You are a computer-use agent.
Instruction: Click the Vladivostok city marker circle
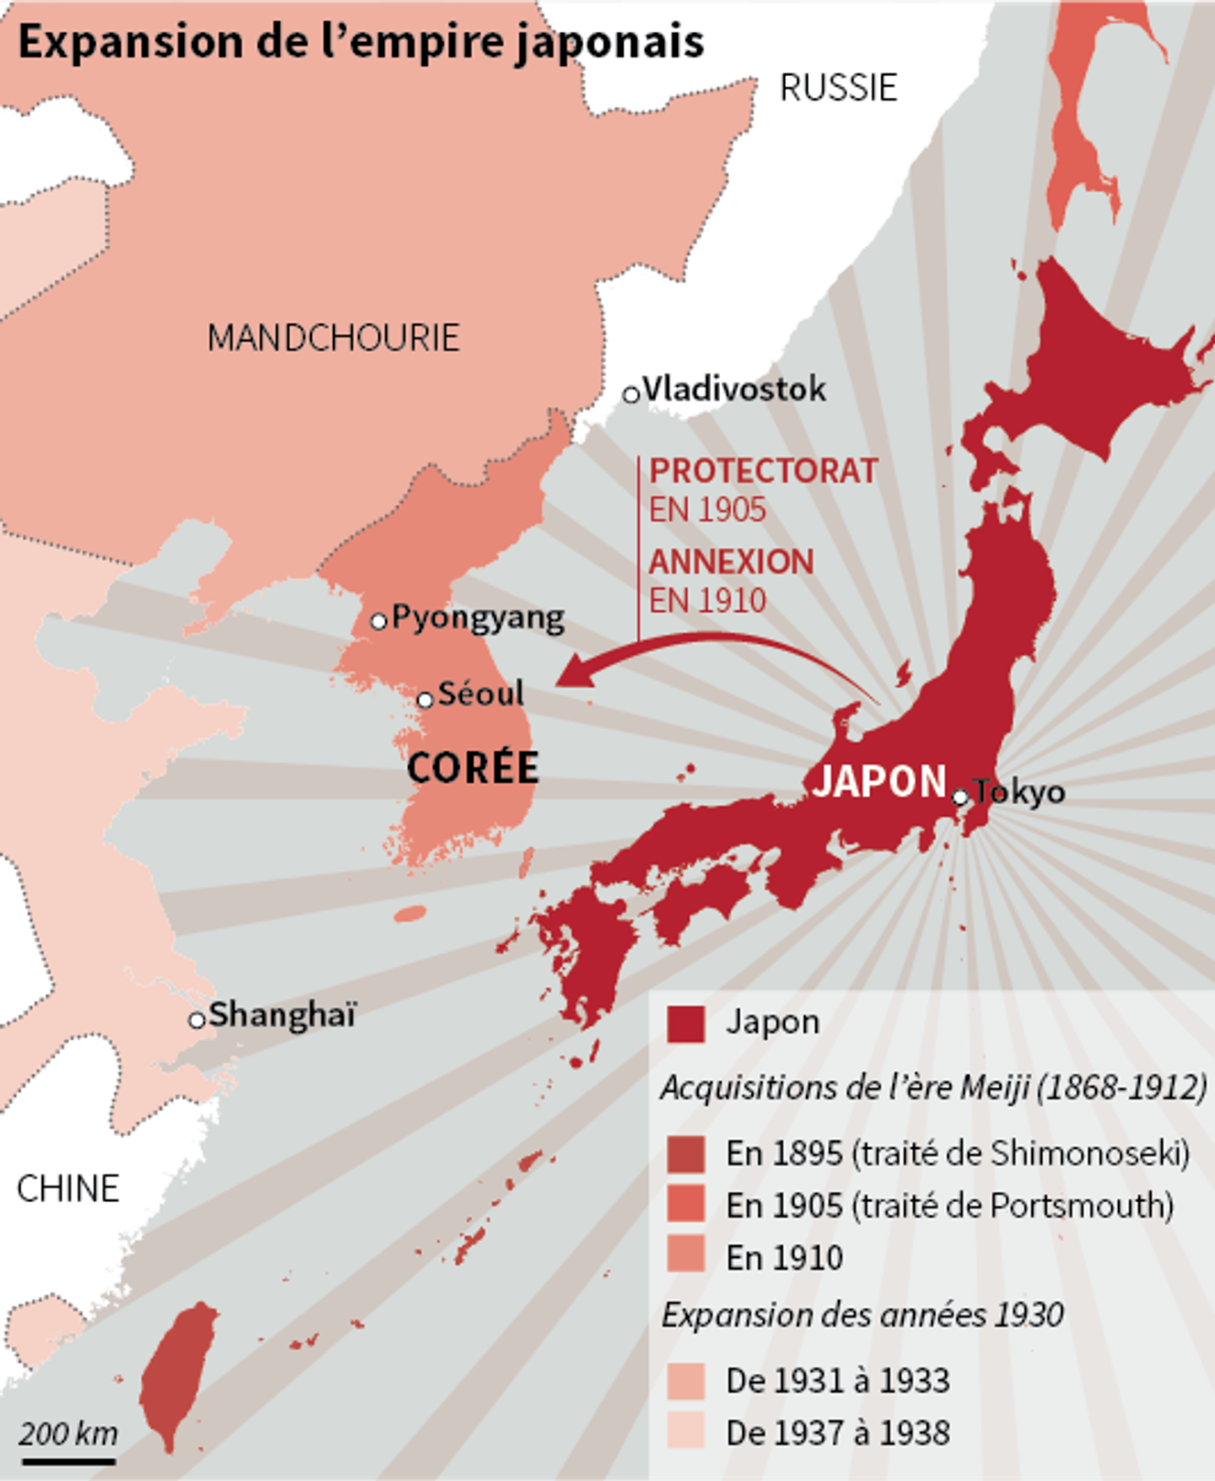point(630,394)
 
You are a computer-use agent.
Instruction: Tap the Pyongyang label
point(478,618)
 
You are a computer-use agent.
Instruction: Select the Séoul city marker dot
point(425,700)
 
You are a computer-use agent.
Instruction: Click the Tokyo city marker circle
point(960,797)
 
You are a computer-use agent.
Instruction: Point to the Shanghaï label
point(282,1014)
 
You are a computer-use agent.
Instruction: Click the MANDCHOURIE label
point(333,338)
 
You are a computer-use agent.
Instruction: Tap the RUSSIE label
point(838,88)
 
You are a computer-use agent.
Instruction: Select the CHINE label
point(68,1188)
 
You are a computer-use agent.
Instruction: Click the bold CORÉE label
point(472,767)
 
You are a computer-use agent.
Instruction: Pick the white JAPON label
point(879,781)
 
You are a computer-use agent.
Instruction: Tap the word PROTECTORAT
point(763,471)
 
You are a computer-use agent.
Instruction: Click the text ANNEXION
point(731,562)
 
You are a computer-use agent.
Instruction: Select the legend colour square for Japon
point(685,1024)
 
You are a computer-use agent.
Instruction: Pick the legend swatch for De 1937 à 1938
point(685,1430)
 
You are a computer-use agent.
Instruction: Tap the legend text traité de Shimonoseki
point(1021,1154)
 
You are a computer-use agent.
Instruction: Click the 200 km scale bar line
point(69,1461)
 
